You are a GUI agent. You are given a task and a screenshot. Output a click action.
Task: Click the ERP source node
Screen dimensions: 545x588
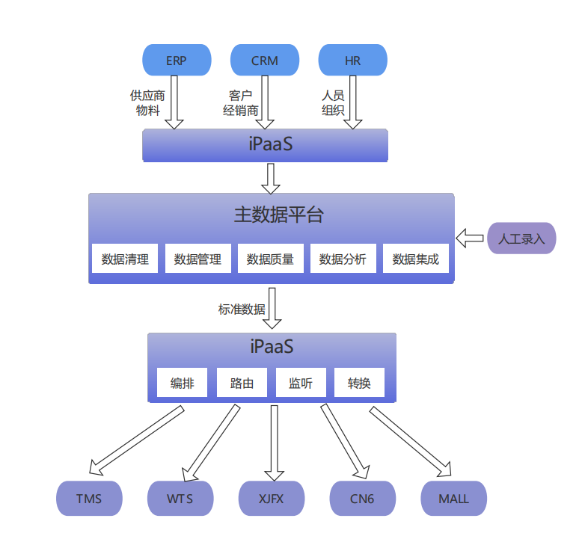pos(177,61)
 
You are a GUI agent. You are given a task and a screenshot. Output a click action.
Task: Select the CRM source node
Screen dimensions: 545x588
pos(265,61)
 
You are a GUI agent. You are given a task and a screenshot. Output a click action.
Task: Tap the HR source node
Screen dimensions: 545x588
pos(353,61)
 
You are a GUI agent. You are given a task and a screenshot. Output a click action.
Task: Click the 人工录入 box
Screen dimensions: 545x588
pos(521,239)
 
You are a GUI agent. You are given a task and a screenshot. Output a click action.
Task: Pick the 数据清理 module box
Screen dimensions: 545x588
pos(125,259)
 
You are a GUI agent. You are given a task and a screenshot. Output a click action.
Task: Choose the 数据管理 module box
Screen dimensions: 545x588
pos(197,259)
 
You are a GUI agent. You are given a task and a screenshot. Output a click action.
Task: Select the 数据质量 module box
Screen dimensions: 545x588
pos(270,259)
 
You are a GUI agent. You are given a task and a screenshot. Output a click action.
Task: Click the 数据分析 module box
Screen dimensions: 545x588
pos(343,259)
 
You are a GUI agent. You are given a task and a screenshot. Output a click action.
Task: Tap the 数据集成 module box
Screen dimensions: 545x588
pos(416,259)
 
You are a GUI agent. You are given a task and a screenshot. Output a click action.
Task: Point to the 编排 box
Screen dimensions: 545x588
pos(183,384)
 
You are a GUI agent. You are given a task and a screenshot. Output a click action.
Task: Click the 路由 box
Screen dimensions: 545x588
pos(242,384)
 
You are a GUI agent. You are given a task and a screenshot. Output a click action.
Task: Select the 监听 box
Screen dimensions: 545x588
pos(301,384)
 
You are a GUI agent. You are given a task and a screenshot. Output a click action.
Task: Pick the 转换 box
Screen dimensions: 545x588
pos(359,384)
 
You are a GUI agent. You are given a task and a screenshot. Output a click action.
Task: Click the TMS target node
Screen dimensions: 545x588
pos(89,499)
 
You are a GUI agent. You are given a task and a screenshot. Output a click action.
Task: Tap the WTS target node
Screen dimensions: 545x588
pos(180,499)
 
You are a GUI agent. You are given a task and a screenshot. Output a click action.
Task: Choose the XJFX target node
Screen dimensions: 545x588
pos(272,499)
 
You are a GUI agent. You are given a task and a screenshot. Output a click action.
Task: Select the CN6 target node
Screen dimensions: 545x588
pos(362,499)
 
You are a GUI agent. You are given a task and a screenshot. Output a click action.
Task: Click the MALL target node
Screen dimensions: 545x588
pos(453,499)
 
